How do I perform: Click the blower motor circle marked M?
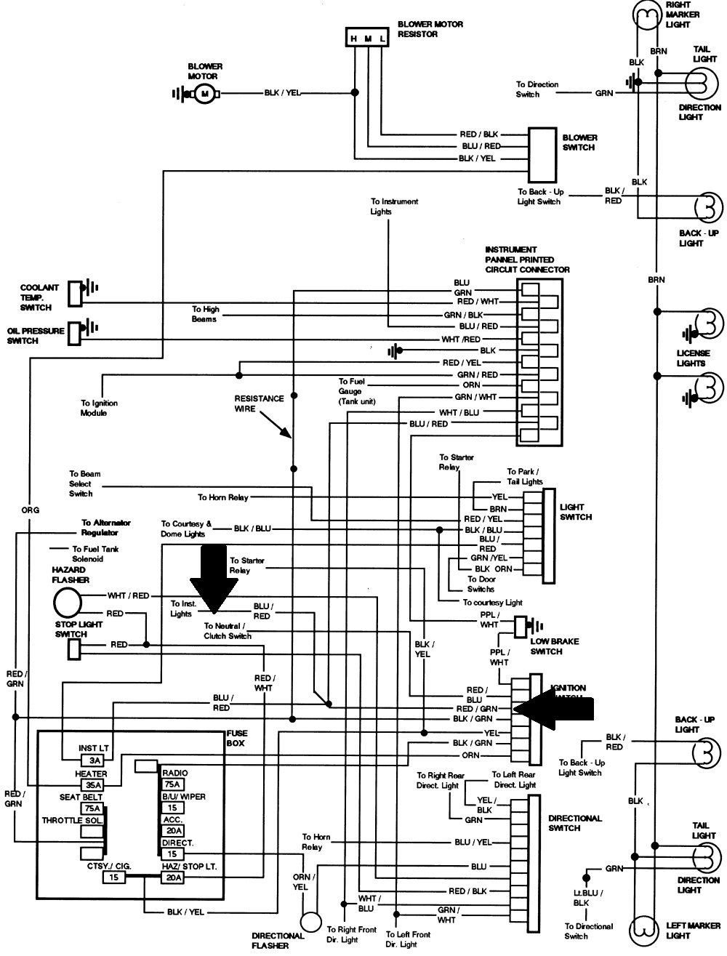coord(204,94)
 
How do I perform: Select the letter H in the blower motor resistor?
coord(354,39)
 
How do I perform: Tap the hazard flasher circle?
coord(68,602)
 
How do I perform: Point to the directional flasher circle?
coord(311,922)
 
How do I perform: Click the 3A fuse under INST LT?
coord(95,760)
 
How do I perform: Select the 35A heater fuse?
coord(92,785)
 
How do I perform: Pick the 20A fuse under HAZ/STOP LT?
coord(173,878)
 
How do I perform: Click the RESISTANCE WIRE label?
coord(259,404)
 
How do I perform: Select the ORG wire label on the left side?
coord(30,510)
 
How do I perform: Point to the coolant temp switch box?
coord(74,293)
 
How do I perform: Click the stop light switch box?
coord(74,649)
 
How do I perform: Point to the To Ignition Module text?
coord(99,408)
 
